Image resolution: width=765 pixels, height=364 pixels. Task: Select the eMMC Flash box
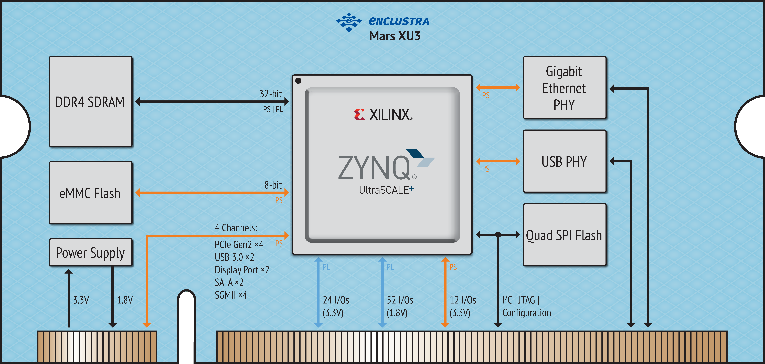pos(91,193)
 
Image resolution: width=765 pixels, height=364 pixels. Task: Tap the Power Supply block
pos(91,252)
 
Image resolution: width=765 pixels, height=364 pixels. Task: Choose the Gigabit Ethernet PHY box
pos(564,88)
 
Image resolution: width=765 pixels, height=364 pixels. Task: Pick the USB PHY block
pos(564,161)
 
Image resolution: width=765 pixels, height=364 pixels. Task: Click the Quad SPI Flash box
pos(564,235)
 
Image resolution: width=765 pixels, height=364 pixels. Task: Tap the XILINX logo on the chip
pos(383,114)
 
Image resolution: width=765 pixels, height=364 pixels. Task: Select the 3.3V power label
pos(81,300)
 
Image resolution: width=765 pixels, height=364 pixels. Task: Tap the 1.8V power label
pos(125,300)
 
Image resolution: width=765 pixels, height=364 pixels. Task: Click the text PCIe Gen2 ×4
pos(239,244)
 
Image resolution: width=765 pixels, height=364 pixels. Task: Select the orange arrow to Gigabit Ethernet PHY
pos(498,88)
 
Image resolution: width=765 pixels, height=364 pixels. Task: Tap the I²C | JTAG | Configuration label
pos(526,306)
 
